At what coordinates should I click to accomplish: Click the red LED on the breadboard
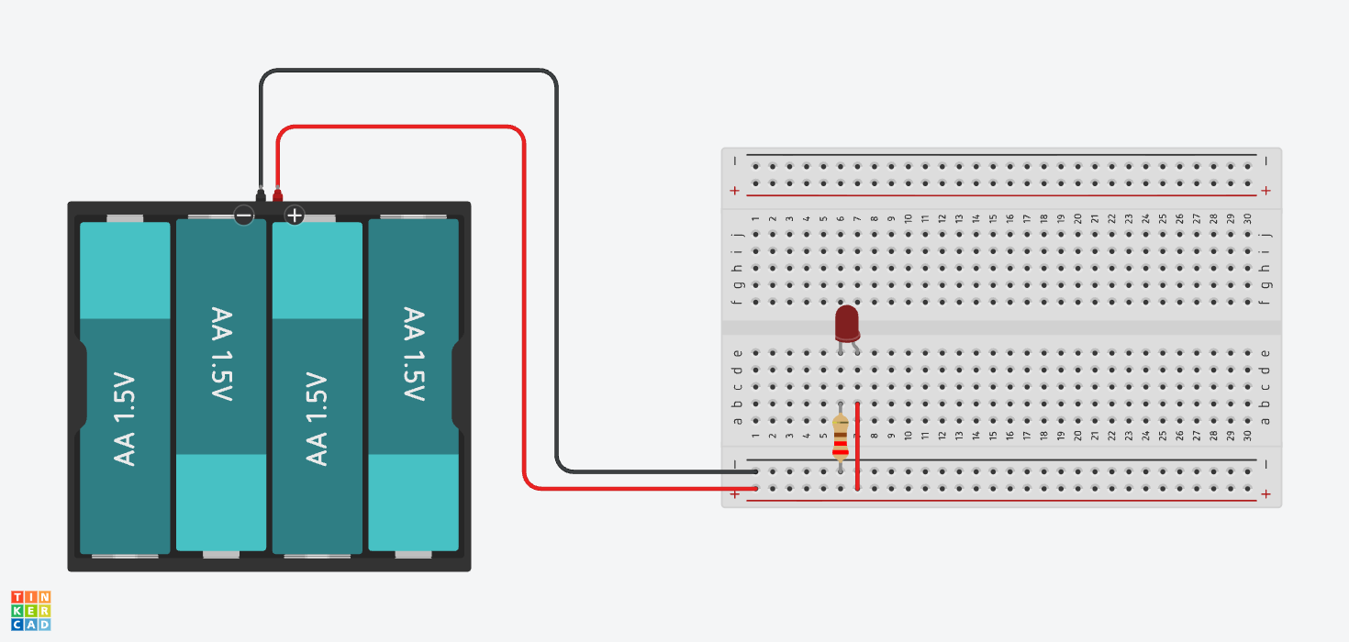pos(847,325)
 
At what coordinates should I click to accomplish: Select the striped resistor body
pos(841,437)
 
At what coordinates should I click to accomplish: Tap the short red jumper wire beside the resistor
pos(857,446)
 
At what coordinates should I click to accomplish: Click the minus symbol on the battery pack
pos(244,216)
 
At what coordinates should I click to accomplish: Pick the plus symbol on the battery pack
pos(295,216)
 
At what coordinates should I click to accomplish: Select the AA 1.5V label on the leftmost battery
pos(125,419)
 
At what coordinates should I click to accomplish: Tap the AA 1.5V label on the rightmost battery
pos(413,354)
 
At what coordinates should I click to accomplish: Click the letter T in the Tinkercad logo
pos(17,597)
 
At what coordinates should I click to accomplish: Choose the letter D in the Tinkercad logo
pos(45,625)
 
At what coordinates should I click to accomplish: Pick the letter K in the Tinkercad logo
pos(17,611)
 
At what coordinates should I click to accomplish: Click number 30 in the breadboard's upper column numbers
pos(1248,218)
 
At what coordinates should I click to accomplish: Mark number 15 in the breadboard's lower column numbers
pos(993,435)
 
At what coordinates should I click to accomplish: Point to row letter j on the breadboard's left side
pos(738,234)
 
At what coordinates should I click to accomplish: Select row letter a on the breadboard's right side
pos(1265,421)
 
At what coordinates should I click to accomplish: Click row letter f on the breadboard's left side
pos(738,302)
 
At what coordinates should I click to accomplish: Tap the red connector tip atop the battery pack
pos(278,195)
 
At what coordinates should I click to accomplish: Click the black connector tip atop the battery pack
pos(261,195)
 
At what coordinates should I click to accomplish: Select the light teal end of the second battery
pos(221,502)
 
